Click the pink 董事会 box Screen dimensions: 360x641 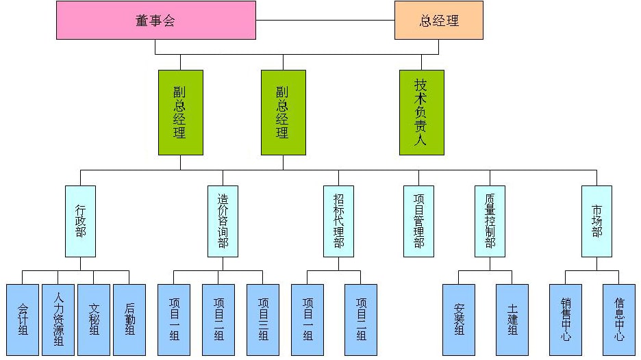[x=155, y=20]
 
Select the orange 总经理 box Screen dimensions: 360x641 [x=438, y=20]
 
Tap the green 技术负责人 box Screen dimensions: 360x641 [x=421, y=112]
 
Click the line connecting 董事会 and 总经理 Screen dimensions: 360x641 [x=325, y=20]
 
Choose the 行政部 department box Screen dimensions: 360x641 [x=80, y=221]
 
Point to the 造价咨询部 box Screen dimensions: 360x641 [x=223, y=221]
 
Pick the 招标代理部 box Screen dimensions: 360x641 [x=338, y=221]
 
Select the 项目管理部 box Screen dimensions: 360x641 [x=418, y=221]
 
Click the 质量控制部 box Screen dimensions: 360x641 [x=490, y=221]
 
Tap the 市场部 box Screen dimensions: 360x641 [x=596, y=221]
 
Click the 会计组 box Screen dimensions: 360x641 [x=23, y=320]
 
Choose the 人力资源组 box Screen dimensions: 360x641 [x=58, y=320]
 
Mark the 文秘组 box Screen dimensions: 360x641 [x=94, y=320]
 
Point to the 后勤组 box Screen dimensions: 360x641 [x=129, y=320]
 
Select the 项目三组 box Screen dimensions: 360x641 [x=263, y=320]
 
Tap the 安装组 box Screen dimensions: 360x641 [x=459, y=320]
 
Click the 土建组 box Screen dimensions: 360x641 [x=512, y=320]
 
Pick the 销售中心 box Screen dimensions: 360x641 [x=566, y=320]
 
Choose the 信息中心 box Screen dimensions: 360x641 [x=619, y=320]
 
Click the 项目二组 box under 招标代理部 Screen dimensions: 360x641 [x=361, y=320]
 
